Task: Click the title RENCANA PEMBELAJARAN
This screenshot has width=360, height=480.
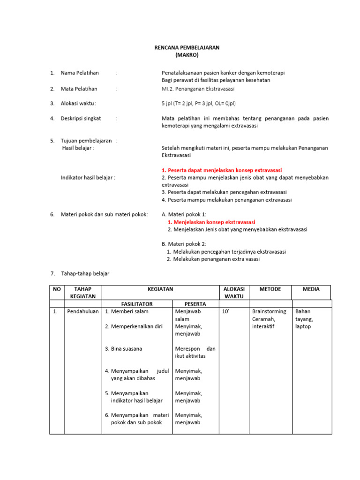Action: click(x=187, y=48)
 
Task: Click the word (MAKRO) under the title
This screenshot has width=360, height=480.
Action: click(x=187, y=55)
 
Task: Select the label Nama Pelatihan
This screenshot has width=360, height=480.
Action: click(x=80, y=73)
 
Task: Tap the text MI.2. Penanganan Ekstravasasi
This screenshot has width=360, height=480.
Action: click(x=198, y=89)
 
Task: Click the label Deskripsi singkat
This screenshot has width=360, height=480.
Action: click(x=81, y=119)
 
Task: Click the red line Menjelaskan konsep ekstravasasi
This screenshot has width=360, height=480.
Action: click(x=211, y=222)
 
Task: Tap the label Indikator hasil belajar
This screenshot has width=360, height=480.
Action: click(x=88, y=178)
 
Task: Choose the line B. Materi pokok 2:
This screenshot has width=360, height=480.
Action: click(x=183, y=244)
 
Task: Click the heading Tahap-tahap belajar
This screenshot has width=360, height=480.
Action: click(x=84, y=273)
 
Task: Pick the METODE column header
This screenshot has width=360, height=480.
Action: click(x=270, y=289)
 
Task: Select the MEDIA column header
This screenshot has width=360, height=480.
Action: click(x=311, y=289)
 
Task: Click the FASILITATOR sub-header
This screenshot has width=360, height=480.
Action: click(x=137, y=304)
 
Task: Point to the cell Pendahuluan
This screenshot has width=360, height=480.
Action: click(x=83, y=311)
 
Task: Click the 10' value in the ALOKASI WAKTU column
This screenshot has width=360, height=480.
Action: click(x=225, y=311)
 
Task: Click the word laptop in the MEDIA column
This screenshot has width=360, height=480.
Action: click(x=303, y=326)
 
